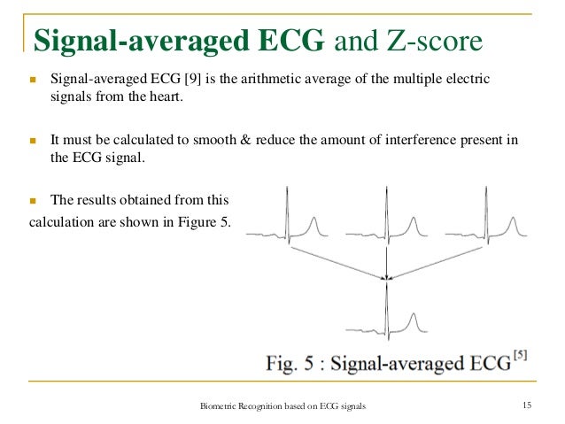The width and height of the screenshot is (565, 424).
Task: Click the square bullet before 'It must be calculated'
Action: [x=33, y=142]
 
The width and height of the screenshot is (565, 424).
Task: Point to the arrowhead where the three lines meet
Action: [x=385, y=279]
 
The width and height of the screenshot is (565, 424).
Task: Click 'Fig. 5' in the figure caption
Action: [x=293, y=362]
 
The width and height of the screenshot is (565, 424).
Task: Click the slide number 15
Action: [x=527, y=405]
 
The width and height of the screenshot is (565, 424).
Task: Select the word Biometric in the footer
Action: [x=221, y=406]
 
